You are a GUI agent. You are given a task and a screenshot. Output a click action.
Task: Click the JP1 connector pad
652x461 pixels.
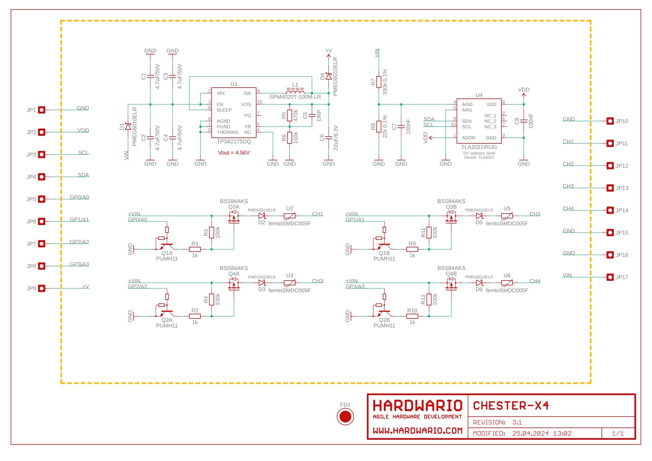pos(42,110)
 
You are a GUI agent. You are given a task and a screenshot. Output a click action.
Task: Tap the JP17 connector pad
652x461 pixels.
pos(610,277)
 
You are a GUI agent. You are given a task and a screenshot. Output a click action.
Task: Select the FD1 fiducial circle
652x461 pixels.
pos(345,417)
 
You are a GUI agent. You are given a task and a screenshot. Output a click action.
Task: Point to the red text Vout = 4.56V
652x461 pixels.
pos(234,153)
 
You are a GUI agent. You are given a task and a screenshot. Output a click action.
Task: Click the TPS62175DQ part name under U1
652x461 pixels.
pos(234,141)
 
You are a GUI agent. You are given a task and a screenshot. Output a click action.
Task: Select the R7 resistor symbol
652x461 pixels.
pos(379,82)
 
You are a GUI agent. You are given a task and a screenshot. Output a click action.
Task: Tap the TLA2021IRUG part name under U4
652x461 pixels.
pos(479,147)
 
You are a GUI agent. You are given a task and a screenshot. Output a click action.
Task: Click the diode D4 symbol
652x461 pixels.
pos(329,76)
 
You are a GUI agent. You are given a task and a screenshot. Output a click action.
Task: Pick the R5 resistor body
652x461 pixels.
pos(290,116)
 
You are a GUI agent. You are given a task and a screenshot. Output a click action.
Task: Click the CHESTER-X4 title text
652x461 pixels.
pos(511,406)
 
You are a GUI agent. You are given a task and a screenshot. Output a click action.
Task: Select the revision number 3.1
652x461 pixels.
pos(517,422)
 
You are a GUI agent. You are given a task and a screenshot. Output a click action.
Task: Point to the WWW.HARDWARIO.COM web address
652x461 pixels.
pos(418,431)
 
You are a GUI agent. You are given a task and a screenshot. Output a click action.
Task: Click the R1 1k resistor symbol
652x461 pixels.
pos(195,249)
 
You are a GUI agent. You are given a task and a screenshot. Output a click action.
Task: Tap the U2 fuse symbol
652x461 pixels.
pos(290,216)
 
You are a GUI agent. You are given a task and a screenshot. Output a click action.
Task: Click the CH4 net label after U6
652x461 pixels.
pos(535,281)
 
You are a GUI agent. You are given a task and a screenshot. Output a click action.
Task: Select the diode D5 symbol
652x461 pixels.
pos(479,216)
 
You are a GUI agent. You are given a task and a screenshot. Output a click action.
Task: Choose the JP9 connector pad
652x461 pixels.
pos(42,288)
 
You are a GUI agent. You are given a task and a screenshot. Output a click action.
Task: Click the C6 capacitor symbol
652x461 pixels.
pos(329,138)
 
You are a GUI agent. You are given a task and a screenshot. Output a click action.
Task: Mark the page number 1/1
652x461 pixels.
pos(618,433)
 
